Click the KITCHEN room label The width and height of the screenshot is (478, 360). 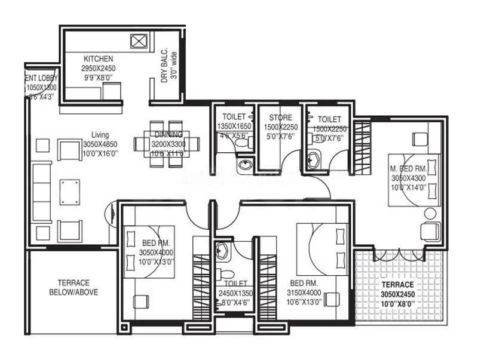tap(99, 59)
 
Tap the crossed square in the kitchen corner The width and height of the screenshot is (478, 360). tap(138, 41)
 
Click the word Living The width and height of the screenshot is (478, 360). tap(100, 135)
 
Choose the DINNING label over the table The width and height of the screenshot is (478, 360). tap(164, 135)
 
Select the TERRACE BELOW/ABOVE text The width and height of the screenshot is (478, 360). tap(74, 287)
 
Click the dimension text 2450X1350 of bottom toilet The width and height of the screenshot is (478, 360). tap(237, 293)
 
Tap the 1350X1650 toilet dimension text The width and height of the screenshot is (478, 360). tap(234, 126)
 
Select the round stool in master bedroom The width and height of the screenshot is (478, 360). tap(430, 214)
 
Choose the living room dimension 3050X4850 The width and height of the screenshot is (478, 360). tap(100, 144)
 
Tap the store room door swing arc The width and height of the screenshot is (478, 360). tap(289, 157)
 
